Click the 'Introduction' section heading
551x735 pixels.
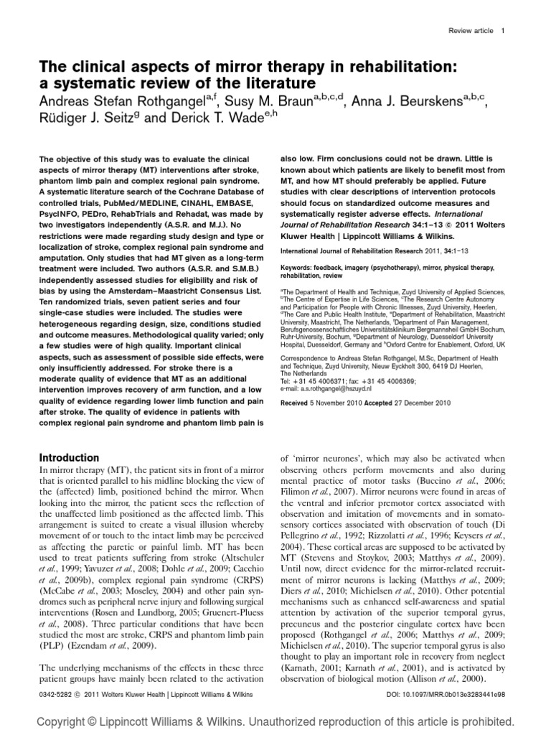click(69, 457)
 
